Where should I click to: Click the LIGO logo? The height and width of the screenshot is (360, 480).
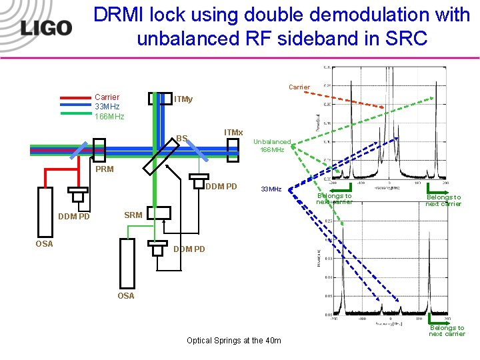pyautogui.click(x=45, y=28)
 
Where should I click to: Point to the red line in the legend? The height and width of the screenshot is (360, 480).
pyautogui.click(x=75, y=97)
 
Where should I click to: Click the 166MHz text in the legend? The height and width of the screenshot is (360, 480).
pyautogui.click(x=109, y=117)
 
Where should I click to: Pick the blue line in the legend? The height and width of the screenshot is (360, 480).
pyautogui.click(x=75, y=105)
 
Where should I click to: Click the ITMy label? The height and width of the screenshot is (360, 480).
pyautogui.click(x=183, y=99)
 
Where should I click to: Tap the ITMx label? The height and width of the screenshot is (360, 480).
pyautogui.click(x=233, y=133)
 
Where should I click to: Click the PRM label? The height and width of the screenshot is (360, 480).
pyautogui.click(x=105, y=169)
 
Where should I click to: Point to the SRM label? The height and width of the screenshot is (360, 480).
pyautogui.click(x=133, y=215)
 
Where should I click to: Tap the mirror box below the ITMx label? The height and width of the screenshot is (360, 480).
pyautogui.click(x=232, y=150)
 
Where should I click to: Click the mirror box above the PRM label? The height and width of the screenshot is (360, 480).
pyautogui.click(x=100, y=150)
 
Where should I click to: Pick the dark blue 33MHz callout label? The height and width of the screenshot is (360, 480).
pyautogui.click(x=271, y=189)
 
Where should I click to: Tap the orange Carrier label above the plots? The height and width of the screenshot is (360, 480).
pyautogui.click(x=299, y=87)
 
